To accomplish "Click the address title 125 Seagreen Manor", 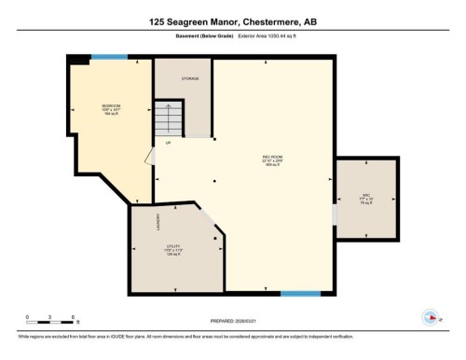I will (232, 21).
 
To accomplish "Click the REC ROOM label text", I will (272, 159).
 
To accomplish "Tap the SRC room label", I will (366, 199).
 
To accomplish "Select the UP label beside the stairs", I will (169, 143).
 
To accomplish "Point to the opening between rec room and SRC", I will (334, 214).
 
